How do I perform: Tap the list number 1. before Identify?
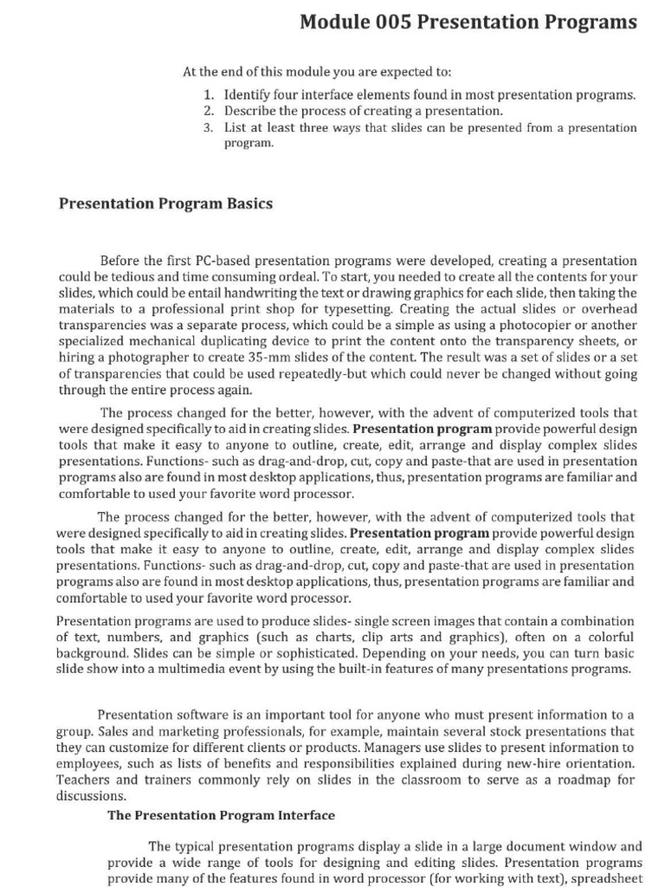click(x=210, y=95)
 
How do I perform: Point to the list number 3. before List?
click(x=210, y=127)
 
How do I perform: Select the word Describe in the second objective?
click(x=254, y=111)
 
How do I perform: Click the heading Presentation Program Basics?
click(x=165, y=204)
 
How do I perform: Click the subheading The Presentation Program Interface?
click(x=221, y=815)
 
